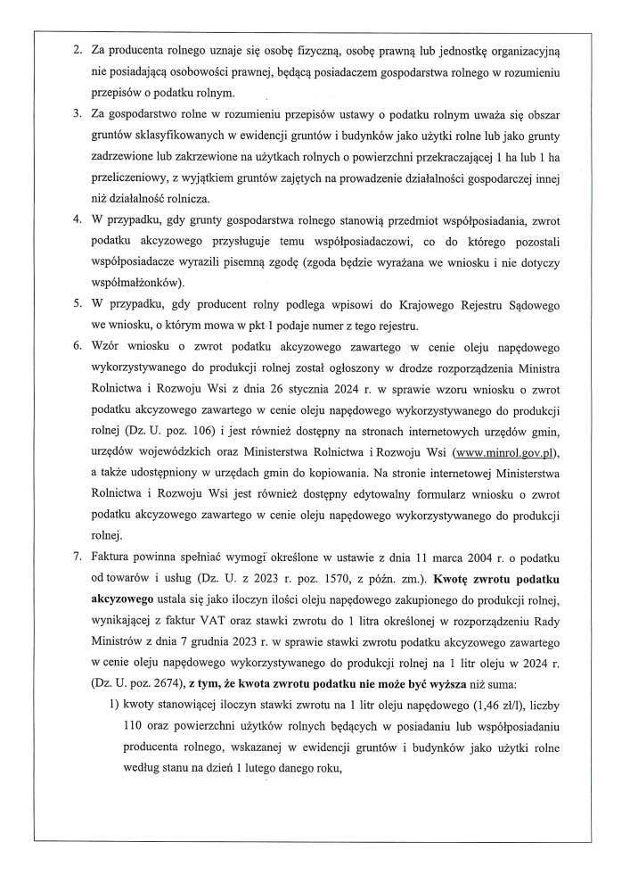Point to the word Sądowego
tap(545, 304)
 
